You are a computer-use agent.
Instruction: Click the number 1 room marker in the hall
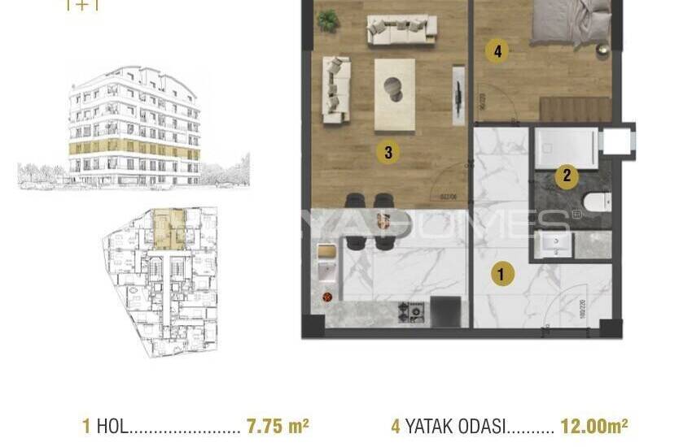501,275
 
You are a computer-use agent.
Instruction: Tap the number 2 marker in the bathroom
567,176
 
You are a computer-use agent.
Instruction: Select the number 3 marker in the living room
388,151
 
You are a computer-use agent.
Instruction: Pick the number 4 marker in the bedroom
497,52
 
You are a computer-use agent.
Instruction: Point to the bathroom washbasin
555,244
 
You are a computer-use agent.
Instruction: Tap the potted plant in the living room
327,20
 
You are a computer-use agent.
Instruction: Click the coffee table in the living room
394,93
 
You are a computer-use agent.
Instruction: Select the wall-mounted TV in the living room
459,93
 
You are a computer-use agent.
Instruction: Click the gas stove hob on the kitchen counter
411,311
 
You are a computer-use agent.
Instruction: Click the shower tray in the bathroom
566,147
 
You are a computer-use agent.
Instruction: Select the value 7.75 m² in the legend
277,425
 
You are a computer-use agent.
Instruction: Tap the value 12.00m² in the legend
593,425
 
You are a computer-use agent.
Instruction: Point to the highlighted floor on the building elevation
134,150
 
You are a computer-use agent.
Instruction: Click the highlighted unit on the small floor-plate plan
168,228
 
